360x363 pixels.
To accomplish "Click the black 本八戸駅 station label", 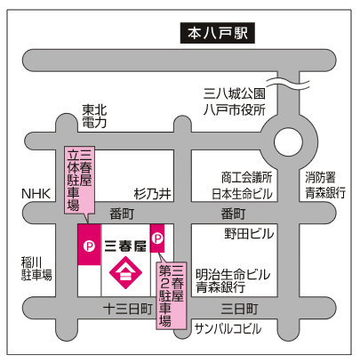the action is [218, 33].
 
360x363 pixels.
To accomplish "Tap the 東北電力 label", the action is [94, 117].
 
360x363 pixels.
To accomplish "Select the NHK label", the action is [36, 194].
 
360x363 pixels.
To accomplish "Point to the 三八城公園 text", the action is [234, 93].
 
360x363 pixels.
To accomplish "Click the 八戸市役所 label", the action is [234, 109].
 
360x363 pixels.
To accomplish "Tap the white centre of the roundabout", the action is [288, 141].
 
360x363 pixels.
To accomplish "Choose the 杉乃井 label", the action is [152, 194].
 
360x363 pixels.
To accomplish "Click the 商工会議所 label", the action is [246, 177].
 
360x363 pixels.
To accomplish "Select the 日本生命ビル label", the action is [242, 194].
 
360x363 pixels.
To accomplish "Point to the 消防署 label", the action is [320, 177].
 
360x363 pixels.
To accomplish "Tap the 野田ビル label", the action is [249, 234].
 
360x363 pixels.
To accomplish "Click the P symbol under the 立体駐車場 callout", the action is [89, 246].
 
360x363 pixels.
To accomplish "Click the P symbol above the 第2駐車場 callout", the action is [157, 238].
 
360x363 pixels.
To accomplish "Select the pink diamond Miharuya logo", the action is [125, 272].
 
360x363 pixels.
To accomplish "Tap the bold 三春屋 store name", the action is [125, 246].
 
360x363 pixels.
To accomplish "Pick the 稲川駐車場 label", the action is [36, 269].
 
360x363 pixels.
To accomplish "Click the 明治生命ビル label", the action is [233, 274].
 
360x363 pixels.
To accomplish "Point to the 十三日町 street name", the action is [128, 309].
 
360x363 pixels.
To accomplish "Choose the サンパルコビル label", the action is [228, 328].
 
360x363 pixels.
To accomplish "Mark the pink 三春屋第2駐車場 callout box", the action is [172, 295].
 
